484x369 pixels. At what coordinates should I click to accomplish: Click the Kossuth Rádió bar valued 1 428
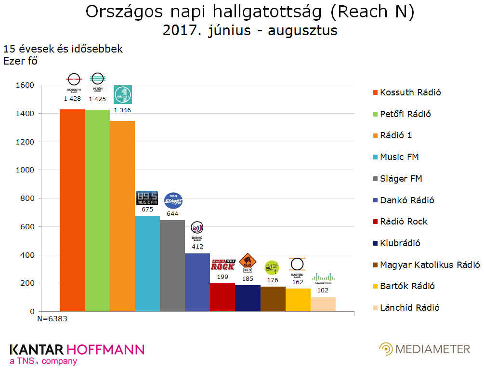point(72,210)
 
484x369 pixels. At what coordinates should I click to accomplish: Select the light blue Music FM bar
point(147,264)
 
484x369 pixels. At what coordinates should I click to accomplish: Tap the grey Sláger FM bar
point(172,265)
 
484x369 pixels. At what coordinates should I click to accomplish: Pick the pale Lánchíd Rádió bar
point(323,304)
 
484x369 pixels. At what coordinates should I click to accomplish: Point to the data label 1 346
point(122,110)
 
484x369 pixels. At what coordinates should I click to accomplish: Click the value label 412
point(197,247)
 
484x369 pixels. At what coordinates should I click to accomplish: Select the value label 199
point(222,277)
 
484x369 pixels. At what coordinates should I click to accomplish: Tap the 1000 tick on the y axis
point(25,170)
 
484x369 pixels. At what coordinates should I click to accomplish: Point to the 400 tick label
point(27,255)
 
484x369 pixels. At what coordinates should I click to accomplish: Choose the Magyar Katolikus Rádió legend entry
point(430,264)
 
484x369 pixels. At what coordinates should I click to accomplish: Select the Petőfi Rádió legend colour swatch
point(375,114)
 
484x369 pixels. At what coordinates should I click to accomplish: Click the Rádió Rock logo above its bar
point(222,264)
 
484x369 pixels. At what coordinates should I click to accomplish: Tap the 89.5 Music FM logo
point(147,198)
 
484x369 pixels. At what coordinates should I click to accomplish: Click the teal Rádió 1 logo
point(122,94)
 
